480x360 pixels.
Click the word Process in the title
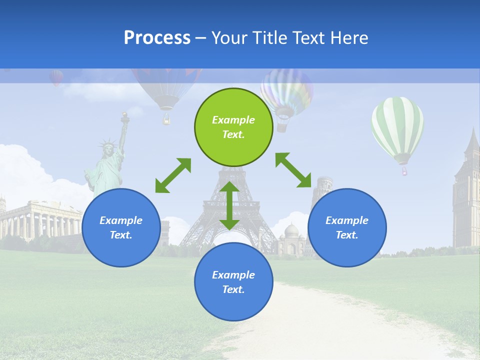[x=157, y=37]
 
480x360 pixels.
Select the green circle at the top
[x=233, y=127]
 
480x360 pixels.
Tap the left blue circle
[x=121, y=227]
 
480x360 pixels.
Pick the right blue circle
[x=347, y=227]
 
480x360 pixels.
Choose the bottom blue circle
[x=233, y=282]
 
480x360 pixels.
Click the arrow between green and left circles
[x=173, y=175]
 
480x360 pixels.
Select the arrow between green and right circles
[x=293, y=170]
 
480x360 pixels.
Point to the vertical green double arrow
[x=229, y=205]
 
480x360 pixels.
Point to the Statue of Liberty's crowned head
[x=107, y=148]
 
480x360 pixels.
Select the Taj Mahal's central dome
[x=291, y=230]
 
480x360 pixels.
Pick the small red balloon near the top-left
[x=56, y=77]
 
